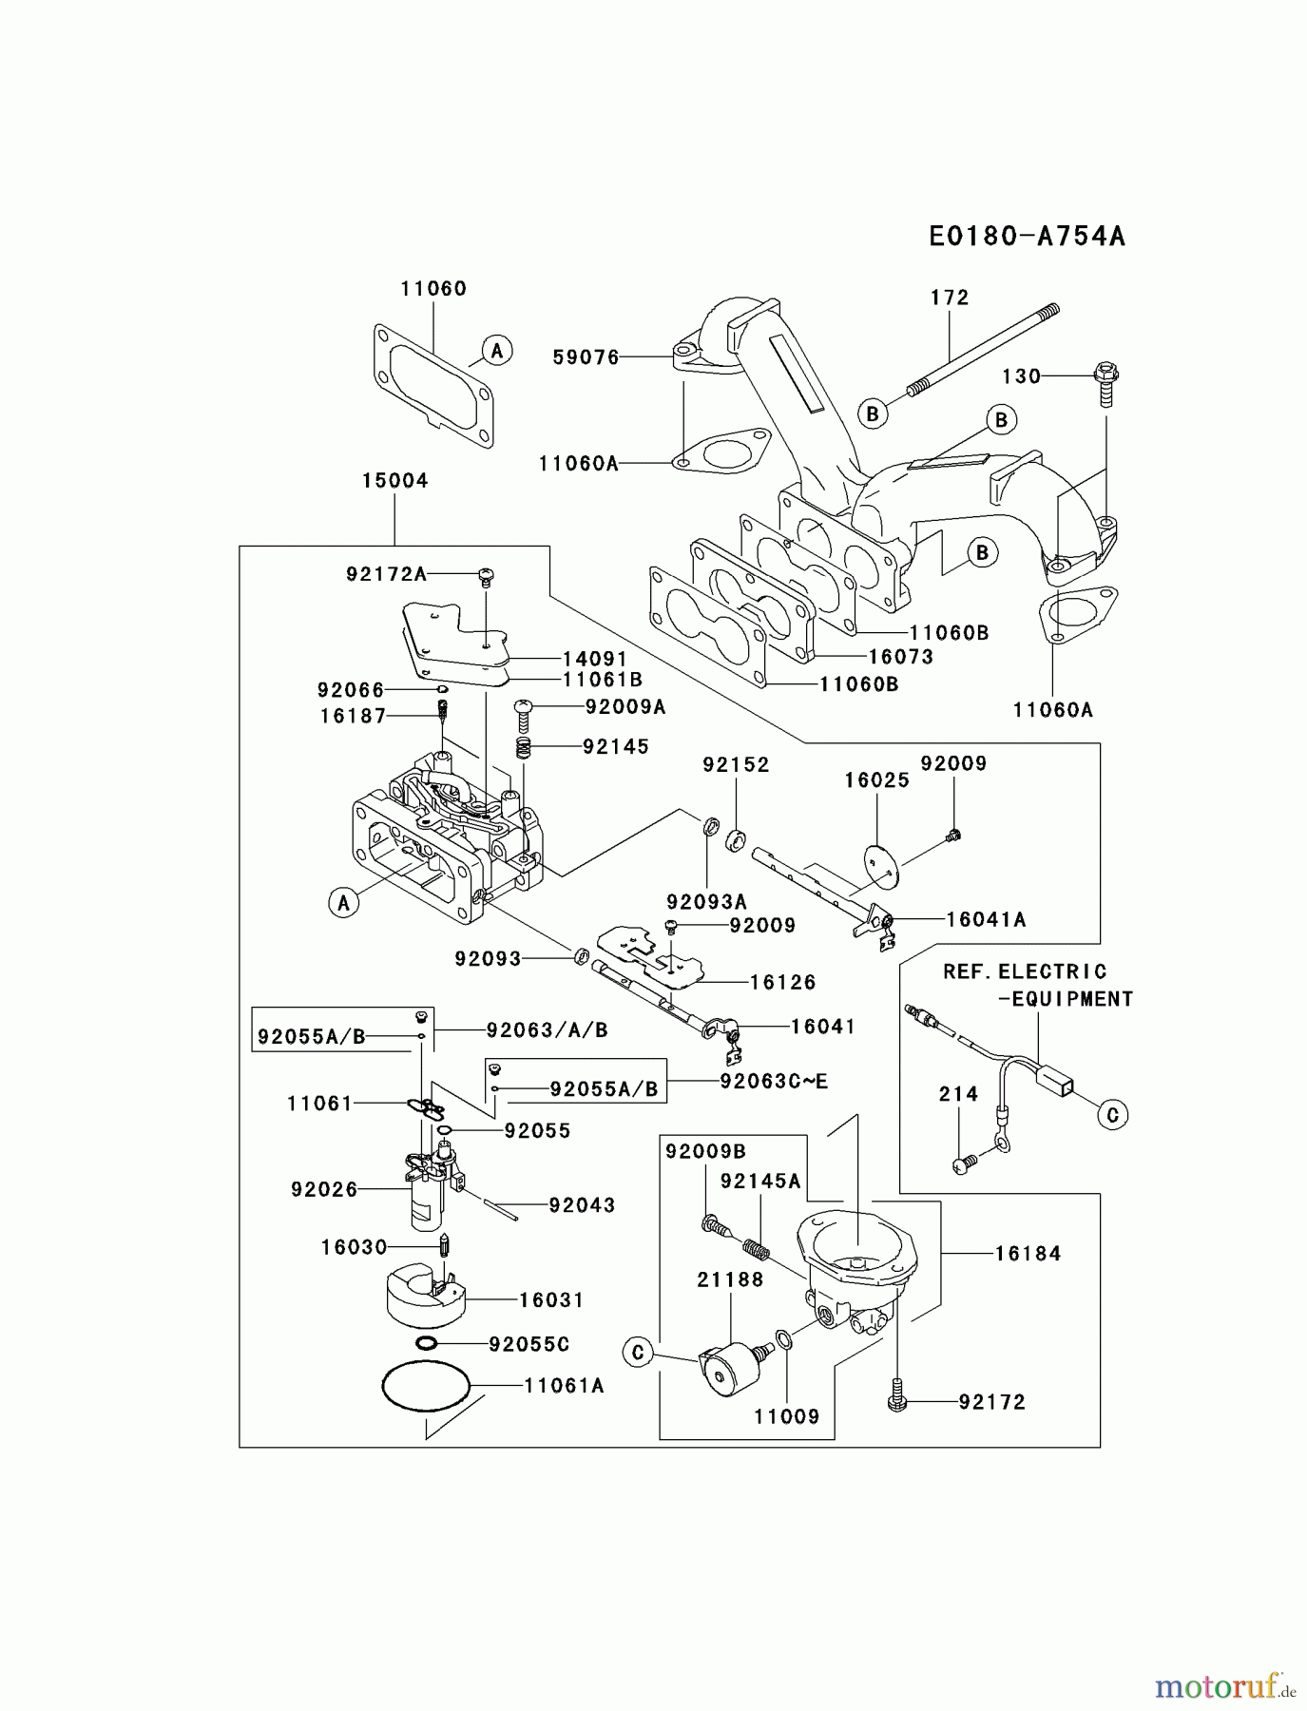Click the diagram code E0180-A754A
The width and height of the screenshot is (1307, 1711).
pyautogui.click(x=1027, y=236)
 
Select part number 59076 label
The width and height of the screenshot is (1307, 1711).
pyautogui.click(x=586, y=357)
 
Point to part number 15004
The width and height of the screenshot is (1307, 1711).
pyautogui.click(x=394, y=481)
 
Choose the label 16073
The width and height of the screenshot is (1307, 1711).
pyautogui.click(x=900, y=657)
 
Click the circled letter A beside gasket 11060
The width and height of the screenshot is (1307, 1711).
pyautogui.click(x=496, y=351)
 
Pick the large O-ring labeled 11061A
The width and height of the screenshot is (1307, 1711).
pyautogui.click(x=427, y=1389)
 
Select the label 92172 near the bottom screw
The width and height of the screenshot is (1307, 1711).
pyautogui.click(x=992, y=1402)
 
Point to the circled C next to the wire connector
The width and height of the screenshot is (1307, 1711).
pyautogui.click(x=1112, y=1114)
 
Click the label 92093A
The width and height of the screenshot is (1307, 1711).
pyautogui.click(x=706, y=901)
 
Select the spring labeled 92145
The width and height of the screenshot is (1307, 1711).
pyautogui.click(x=523, y=748)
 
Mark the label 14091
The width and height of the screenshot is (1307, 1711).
pyautogui.click(x=594, y=659)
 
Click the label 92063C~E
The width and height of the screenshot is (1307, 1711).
pyautogui.click(x=774, y=1081)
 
